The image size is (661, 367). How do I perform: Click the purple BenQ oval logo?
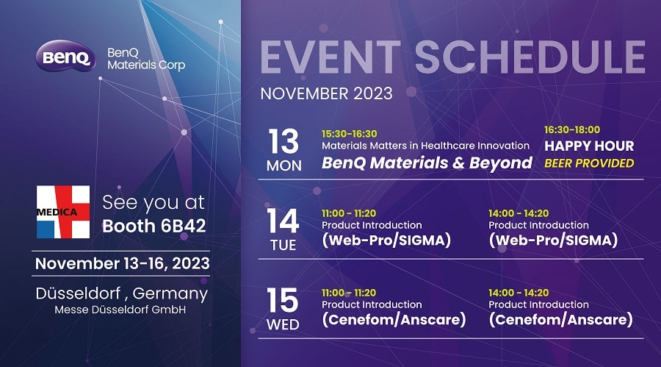click(65, 56)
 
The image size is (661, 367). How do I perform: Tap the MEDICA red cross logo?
click(63, 212)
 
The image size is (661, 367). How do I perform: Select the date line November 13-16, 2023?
click(122, 263)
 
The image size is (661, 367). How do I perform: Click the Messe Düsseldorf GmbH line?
click(120, 310)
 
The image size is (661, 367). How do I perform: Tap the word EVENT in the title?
click(330, 57)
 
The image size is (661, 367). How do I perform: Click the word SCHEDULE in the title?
click(530, 57)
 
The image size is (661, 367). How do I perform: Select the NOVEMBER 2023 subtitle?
click(326, 93)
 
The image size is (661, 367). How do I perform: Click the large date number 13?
click(283, 141)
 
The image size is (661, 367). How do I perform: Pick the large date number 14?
click(283, 221)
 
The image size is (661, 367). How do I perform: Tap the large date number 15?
click(283, 300)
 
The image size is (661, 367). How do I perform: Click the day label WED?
click(283, 325)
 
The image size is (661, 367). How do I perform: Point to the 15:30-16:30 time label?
click(350, 134)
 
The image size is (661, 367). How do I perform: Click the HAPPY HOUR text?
click(589, 146)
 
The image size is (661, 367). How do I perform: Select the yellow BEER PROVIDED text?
click(589, 163)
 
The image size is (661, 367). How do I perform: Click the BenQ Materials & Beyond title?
click(427, 163)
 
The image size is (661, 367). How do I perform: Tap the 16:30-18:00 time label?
click(572, 129)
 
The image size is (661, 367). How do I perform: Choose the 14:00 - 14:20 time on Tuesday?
click(519, 213)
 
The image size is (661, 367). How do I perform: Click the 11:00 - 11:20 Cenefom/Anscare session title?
click(394, 320)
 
